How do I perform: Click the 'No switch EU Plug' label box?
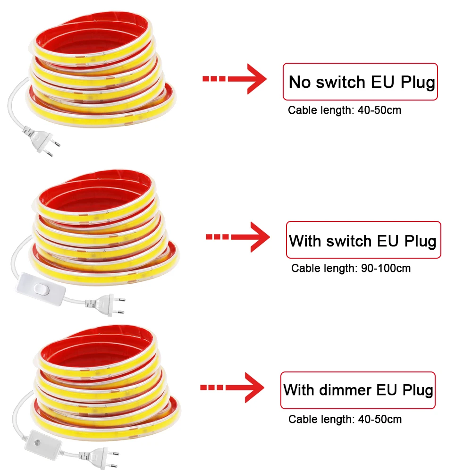[x=360, y=82]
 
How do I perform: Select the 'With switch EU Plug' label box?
[x=363, y=240]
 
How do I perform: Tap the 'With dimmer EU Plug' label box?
[x=358, y=390]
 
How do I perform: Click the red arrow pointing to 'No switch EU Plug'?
[x=235, y=79]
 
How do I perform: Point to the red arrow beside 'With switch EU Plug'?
[x=238, y=237]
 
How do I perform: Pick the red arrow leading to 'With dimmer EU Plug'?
[x=232, y=388]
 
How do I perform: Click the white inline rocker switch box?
[x=41, y=289]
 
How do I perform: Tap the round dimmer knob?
[x=38, y=443]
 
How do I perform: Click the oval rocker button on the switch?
[x=41, y=289]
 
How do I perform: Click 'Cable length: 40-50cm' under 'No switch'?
[x=345, y=110]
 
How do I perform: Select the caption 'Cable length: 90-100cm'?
[x=351, y=268]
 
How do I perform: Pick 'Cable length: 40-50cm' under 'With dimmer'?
[x=345, y=419]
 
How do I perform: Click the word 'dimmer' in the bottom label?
[x=346, y=390]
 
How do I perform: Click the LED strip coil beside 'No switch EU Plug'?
[x=101, y=69]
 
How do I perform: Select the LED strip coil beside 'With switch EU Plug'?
[x=104, y=228]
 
